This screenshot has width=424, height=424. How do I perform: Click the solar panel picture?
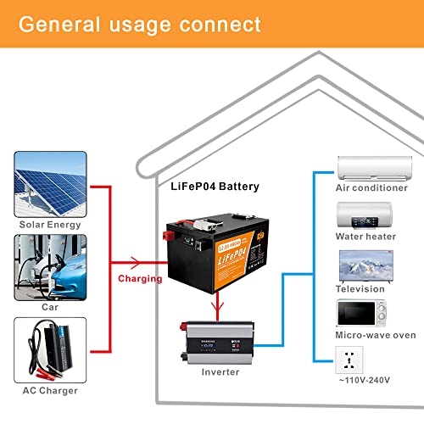[x=50, y=184]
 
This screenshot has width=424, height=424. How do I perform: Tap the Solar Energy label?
[x=50, y=224]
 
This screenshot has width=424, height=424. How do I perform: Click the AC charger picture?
[x=50, y=350]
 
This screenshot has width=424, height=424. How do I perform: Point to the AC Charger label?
[x=50, y=389]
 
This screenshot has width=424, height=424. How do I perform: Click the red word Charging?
[x=140, y=277]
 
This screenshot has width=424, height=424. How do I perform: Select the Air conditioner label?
[x=366, y=187]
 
